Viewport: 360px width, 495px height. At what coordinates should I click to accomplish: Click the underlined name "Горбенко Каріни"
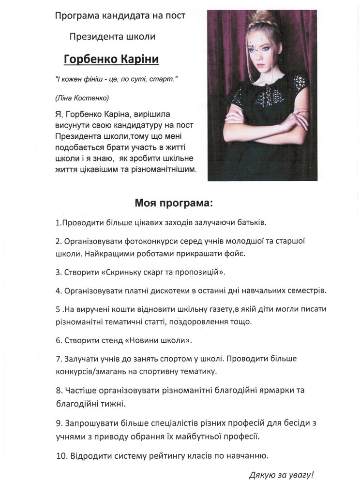(111, 60)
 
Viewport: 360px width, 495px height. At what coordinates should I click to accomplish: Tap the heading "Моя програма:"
(173, 202)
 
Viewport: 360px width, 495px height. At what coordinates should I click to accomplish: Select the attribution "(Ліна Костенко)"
(82, 98)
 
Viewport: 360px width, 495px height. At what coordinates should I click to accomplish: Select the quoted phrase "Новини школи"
(158, 340)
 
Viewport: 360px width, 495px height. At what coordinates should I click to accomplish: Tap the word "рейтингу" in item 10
(186, 455)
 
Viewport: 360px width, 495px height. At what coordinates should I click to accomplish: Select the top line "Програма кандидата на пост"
(120, 16)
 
